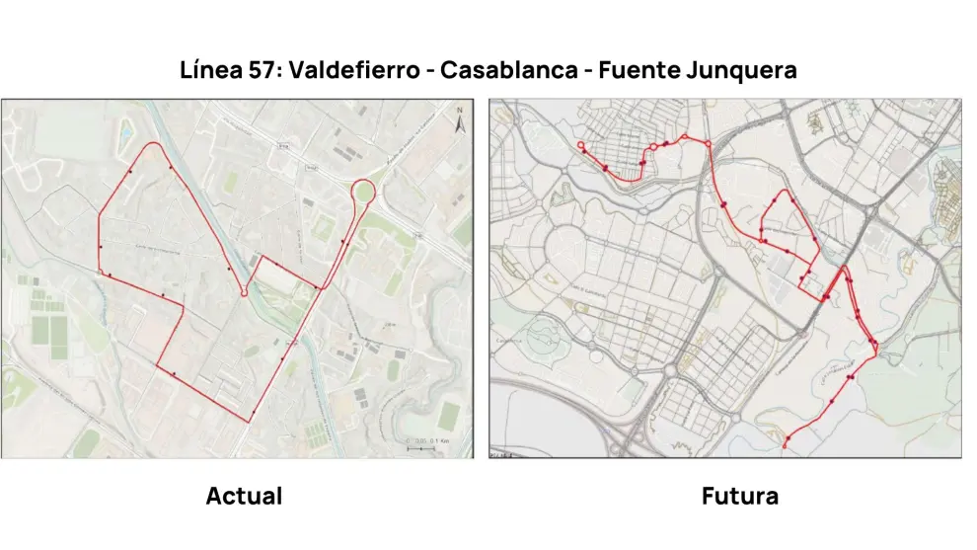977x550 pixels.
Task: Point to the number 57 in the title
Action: (x=258, y=71)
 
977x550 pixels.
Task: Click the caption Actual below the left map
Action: (x=244, y=496)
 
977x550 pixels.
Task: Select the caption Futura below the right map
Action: (x=739, y=496)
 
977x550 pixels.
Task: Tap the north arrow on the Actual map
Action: (x=459, y=123)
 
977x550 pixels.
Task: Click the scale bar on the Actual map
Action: (x=422, y=447)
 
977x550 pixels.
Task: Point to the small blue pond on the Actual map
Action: (x=125, y=129)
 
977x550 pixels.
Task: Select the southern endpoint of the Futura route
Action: (x=786, y=446)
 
